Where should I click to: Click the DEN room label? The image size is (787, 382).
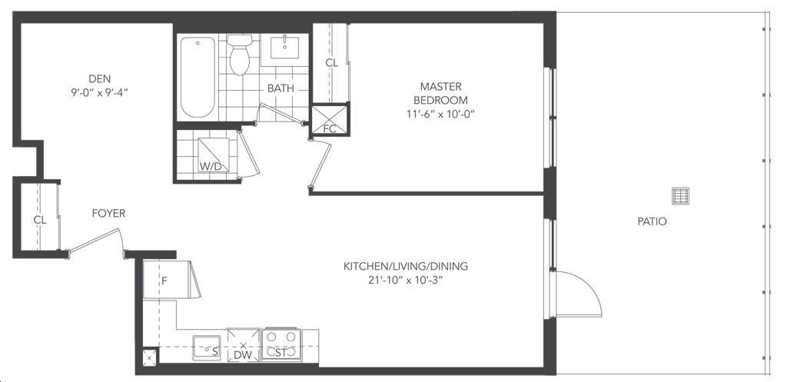tap(99, 79)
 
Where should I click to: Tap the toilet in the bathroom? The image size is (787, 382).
tap(240, 55)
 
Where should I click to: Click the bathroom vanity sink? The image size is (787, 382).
tap(284, 48)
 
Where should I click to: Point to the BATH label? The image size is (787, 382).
tap(281, 89)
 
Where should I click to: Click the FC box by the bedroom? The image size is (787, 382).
tap(329, 119)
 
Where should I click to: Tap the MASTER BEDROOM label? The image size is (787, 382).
tap(441, 93)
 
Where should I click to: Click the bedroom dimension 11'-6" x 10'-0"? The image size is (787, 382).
tap(441, 114)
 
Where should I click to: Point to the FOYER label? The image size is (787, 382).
tap(108, 214)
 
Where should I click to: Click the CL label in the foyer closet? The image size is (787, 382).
tap(40, 220)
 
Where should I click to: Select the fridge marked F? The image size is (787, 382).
tap(165, 280)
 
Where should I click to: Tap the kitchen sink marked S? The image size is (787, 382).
tap(207, 347)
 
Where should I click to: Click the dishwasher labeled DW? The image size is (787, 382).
tap(244, 345)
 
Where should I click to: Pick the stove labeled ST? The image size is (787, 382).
tap(281, 345)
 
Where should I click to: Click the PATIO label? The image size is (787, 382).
tap(652, 221)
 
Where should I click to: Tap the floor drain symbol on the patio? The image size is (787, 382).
tap(680, 196)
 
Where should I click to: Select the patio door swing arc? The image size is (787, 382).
tap(587, 290)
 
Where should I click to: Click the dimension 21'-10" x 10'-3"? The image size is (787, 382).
tap(405, 280)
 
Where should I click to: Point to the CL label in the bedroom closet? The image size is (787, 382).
tap(332, 63)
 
